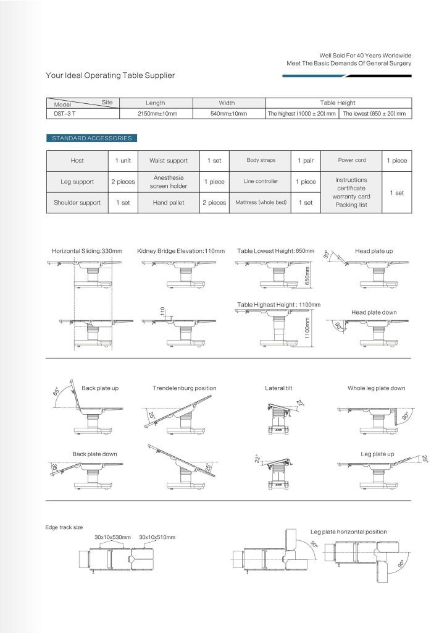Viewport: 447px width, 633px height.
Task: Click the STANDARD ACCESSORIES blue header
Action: pos(90,138)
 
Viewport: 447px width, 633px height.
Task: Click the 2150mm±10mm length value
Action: pos(155,114)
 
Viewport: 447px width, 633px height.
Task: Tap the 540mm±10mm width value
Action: pos(229,114)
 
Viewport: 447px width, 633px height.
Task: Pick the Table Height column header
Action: pos(338,103)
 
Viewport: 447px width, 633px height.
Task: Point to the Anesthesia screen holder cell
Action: pos(168,181)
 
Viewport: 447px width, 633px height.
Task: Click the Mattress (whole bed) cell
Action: pos(261,202)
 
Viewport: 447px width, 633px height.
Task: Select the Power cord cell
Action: pos(352,160)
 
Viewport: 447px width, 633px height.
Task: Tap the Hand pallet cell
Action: pos(168,202)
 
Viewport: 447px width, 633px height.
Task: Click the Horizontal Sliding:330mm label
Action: pos(87,252)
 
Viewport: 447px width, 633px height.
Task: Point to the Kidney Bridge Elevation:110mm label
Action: pos(179,252)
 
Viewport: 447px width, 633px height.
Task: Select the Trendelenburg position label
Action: pos(184,388)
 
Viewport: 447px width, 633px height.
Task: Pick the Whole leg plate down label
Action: pos(376,388)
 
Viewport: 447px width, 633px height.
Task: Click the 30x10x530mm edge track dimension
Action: pos(113,537)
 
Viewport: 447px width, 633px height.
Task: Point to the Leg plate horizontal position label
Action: pos(348,532)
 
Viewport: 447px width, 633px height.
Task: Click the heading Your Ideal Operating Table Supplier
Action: pos(111,75)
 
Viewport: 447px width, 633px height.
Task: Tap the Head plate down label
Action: pos(374,312)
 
